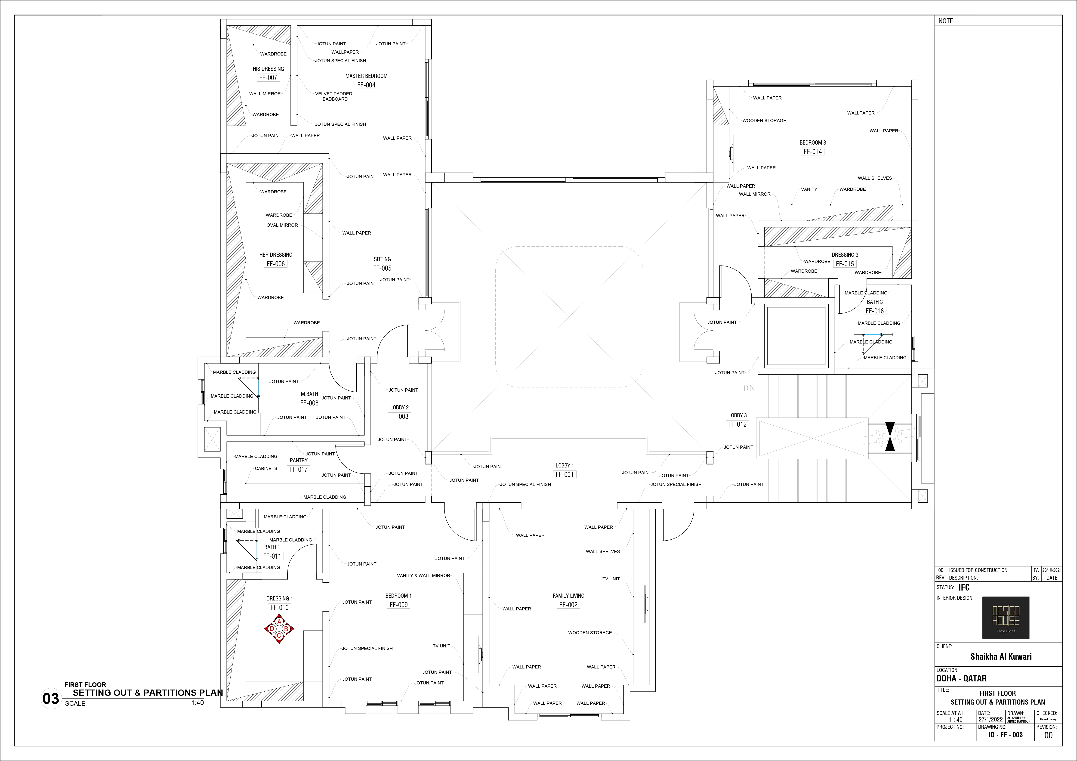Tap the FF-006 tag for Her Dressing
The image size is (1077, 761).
point(276,264)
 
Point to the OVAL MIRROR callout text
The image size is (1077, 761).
point(282,225)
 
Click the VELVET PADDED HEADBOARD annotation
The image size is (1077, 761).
point(333,96)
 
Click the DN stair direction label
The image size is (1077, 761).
point(749,388)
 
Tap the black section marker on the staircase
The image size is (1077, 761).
point(890,436)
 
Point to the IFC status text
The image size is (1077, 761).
point(964,588)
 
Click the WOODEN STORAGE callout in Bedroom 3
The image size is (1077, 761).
point(764,121)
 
